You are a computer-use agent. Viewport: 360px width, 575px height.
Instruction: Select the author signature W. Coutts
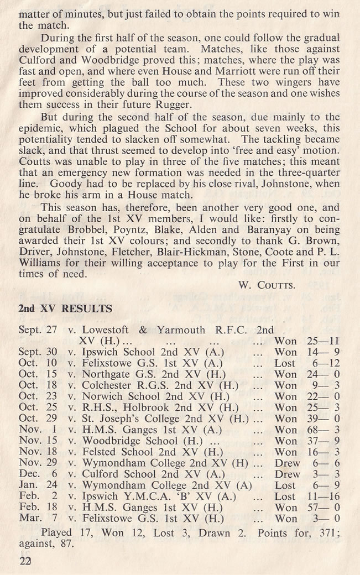[268, 285]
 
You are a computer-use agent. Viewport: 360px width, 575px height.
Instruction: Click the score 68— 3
[321, 430]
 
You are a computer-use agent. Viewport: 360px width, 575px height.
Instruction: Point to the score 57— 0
[321, 508]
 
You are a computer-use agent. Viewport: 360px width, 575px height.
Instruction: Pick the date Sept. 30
[38, 352]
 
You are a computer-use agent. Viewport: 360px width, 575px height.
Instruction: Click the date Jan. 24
[38, 485]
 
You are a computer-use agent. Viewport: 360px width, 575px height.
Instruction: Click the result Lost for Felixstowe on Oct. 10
[285, 363]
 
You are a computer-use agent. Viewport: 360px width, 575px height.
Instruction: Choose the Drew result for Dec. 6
[287, 474]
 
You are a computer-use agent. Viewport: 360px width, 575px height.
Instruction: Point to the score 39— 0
[321, 419]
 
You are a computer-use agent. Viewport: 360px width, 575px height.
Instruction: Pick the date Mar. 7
[36, 519]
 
